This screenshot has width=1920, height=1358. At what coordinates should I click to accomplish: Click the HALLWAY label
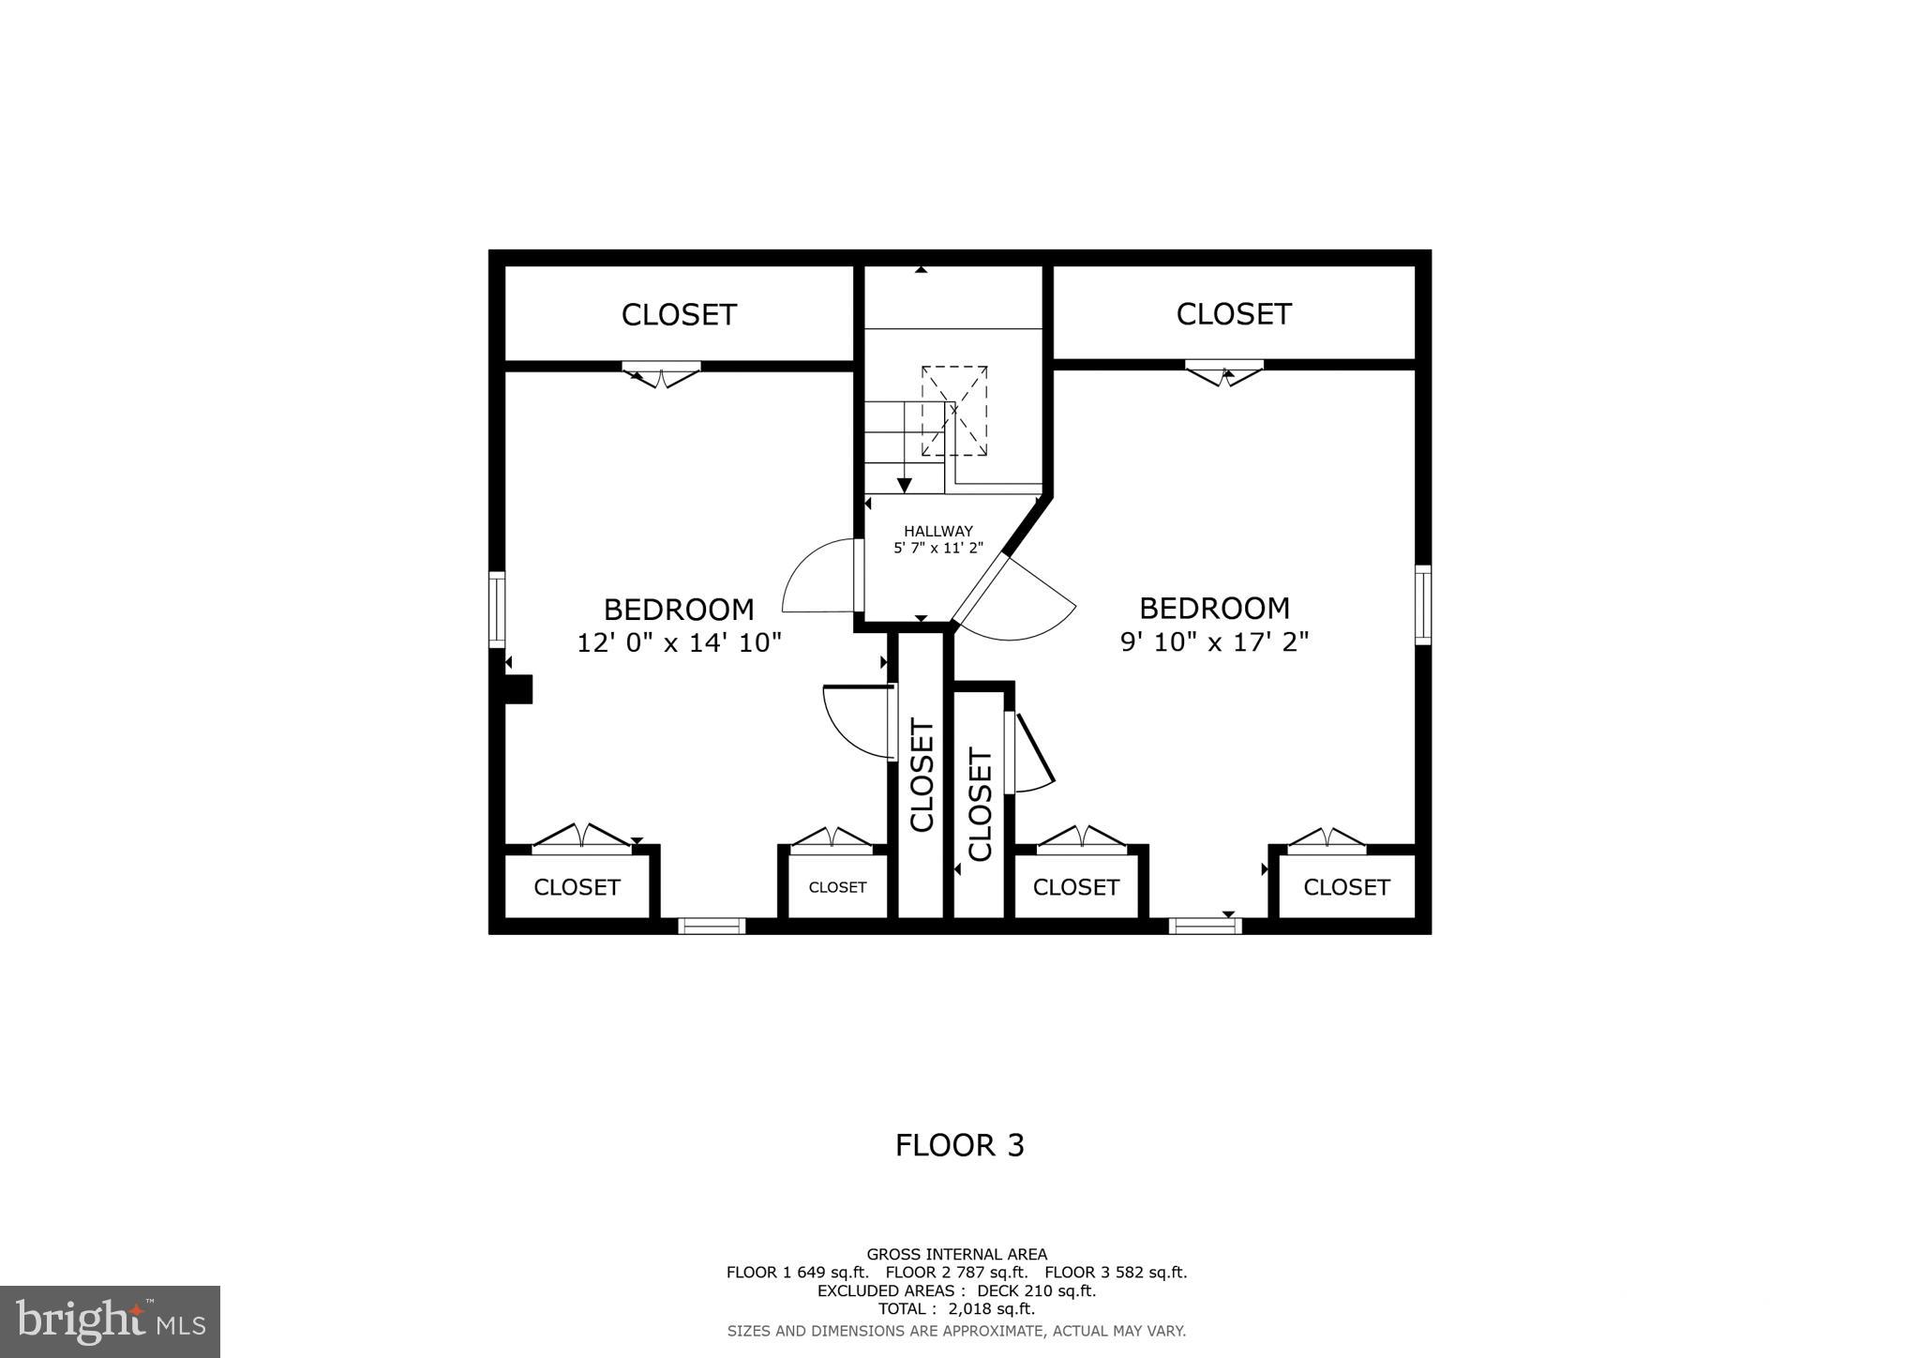coord(937,531)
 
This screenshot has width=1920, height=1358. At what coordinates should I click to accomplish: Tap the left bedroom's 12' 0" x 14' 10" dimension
coord(679,642)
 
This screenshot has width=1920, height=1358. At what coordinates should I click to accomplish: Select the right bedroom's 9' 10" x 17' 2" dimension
coord(1214,641)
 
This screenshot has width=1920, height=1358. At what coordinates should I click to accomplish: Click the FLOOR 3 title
coord(959,1145)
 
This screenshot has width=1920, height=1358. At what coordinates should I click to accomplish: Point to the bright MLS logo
coord(110,1321)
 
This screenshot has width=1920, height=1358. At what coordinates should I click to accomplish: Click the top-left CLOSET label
coord(679,314)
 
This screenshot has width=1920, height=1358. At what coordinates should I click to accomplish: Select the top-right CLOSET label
coord(1233,313)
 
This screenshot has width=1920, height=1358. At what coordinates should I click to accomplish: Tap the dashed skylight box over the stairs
coord(954,411)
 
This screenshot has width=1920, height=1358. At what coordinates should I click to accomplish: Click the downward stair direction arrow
coord(904,483)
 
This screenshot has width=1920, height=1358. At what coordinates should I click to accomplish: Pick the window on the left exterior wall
coord(498,610)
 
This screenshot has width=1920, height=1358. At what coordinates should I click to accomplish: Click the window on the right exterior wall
coord(1422,605)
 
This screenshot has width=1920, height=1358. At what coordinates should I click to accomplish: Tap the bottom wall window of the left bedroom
coord(712,926)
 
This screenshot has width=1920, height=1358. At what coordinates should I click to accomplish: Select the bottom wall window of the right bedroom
coord(1205,926)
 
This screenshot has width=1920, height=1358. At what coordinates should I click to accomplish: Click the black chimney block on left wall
coord(518,689)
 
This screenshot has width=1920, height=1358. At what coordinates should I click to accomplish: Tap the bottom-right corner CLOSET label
coord(1346,887)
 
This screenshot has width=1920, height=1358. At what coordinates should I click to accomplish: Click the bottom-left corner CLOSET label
coord(577,887)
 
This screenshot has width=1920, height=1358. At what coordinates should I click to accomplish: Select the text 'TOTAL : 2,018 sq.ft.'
coord(955,1308)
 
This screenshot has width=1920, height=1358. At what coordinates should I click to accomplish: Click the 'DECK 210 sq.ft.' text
coord(1036,1290)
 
